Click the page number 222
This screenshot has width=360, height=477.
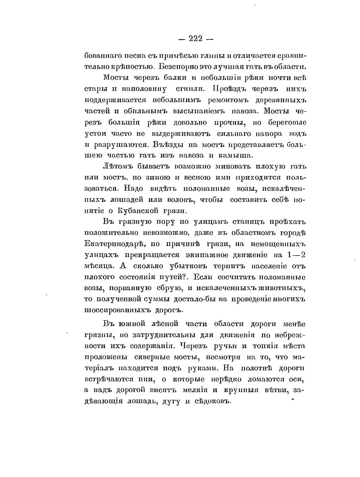[x=195, y=39]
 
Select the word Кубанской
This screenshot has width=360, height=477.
[x=135, y=211]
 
